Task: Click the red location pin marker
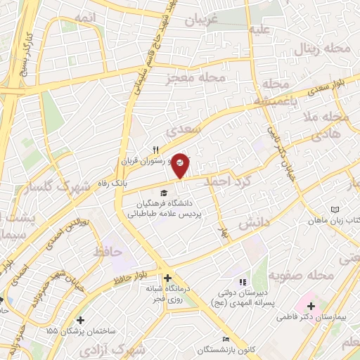click(181, 165)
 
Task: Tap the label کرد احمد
click(227, 181)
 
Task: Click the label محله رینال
click(326, 50)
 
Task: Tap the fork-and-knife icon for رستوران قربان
click(157, 149)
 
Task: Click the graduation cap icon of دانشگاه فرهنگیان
click(164, 193)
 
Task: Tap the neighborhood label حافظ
click(108, 250)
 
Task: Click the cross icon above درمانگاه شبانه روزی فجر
click(167, 278)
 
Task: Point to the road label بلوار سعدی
click(333, 89)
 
